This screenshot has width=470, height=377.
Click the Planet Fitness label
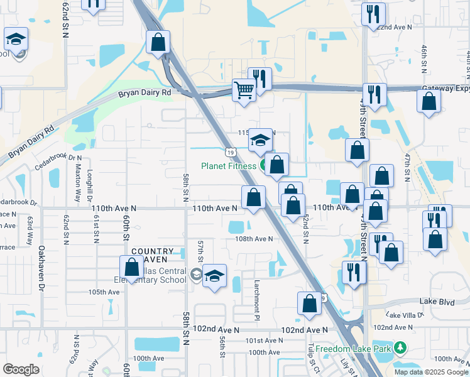[x=228, y=166]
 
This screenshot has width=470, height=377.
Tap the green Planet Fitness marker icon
[x=265, y=165]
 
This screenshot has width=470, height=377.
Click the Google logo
[x=21, y=369]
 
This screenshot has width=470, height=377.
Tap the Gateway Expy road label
[x=445, y=89]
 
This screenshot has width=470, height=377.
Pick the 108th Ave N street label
[x=254, y=239]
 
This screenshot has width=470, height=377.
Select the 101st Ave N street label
[x=264, y=341]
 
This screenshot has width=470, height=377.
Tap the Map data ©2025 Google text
[x=431, y=372]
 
